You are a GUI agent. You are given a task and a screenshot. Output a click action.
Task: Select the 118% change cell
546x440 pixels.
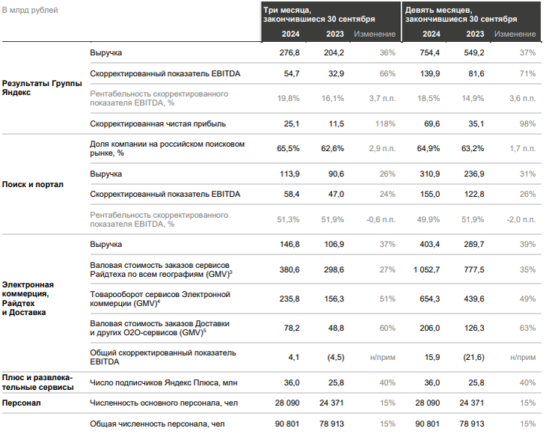386,123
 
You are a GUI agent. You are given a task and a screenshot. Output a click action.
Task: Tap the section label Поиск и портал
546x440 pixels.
32,184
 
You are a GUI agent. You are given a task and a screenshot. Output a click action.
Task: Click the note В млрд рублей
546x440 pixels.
31,10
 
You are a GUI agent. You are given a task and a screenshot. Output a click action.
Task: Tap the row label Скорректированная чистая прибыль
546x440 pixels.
158,123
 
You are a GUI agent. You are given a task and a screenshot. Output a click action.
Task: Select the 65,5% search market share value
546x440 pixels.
288,148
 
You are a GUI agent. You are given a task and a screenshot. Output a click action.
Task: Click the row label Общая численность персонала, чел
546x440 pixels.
157,424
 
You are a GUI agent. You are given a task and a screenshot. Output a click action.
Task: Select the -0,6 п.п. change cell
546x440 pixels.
380,219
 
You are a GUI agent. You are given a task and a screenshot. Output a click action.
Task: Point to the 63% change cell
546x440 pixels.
528,327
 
